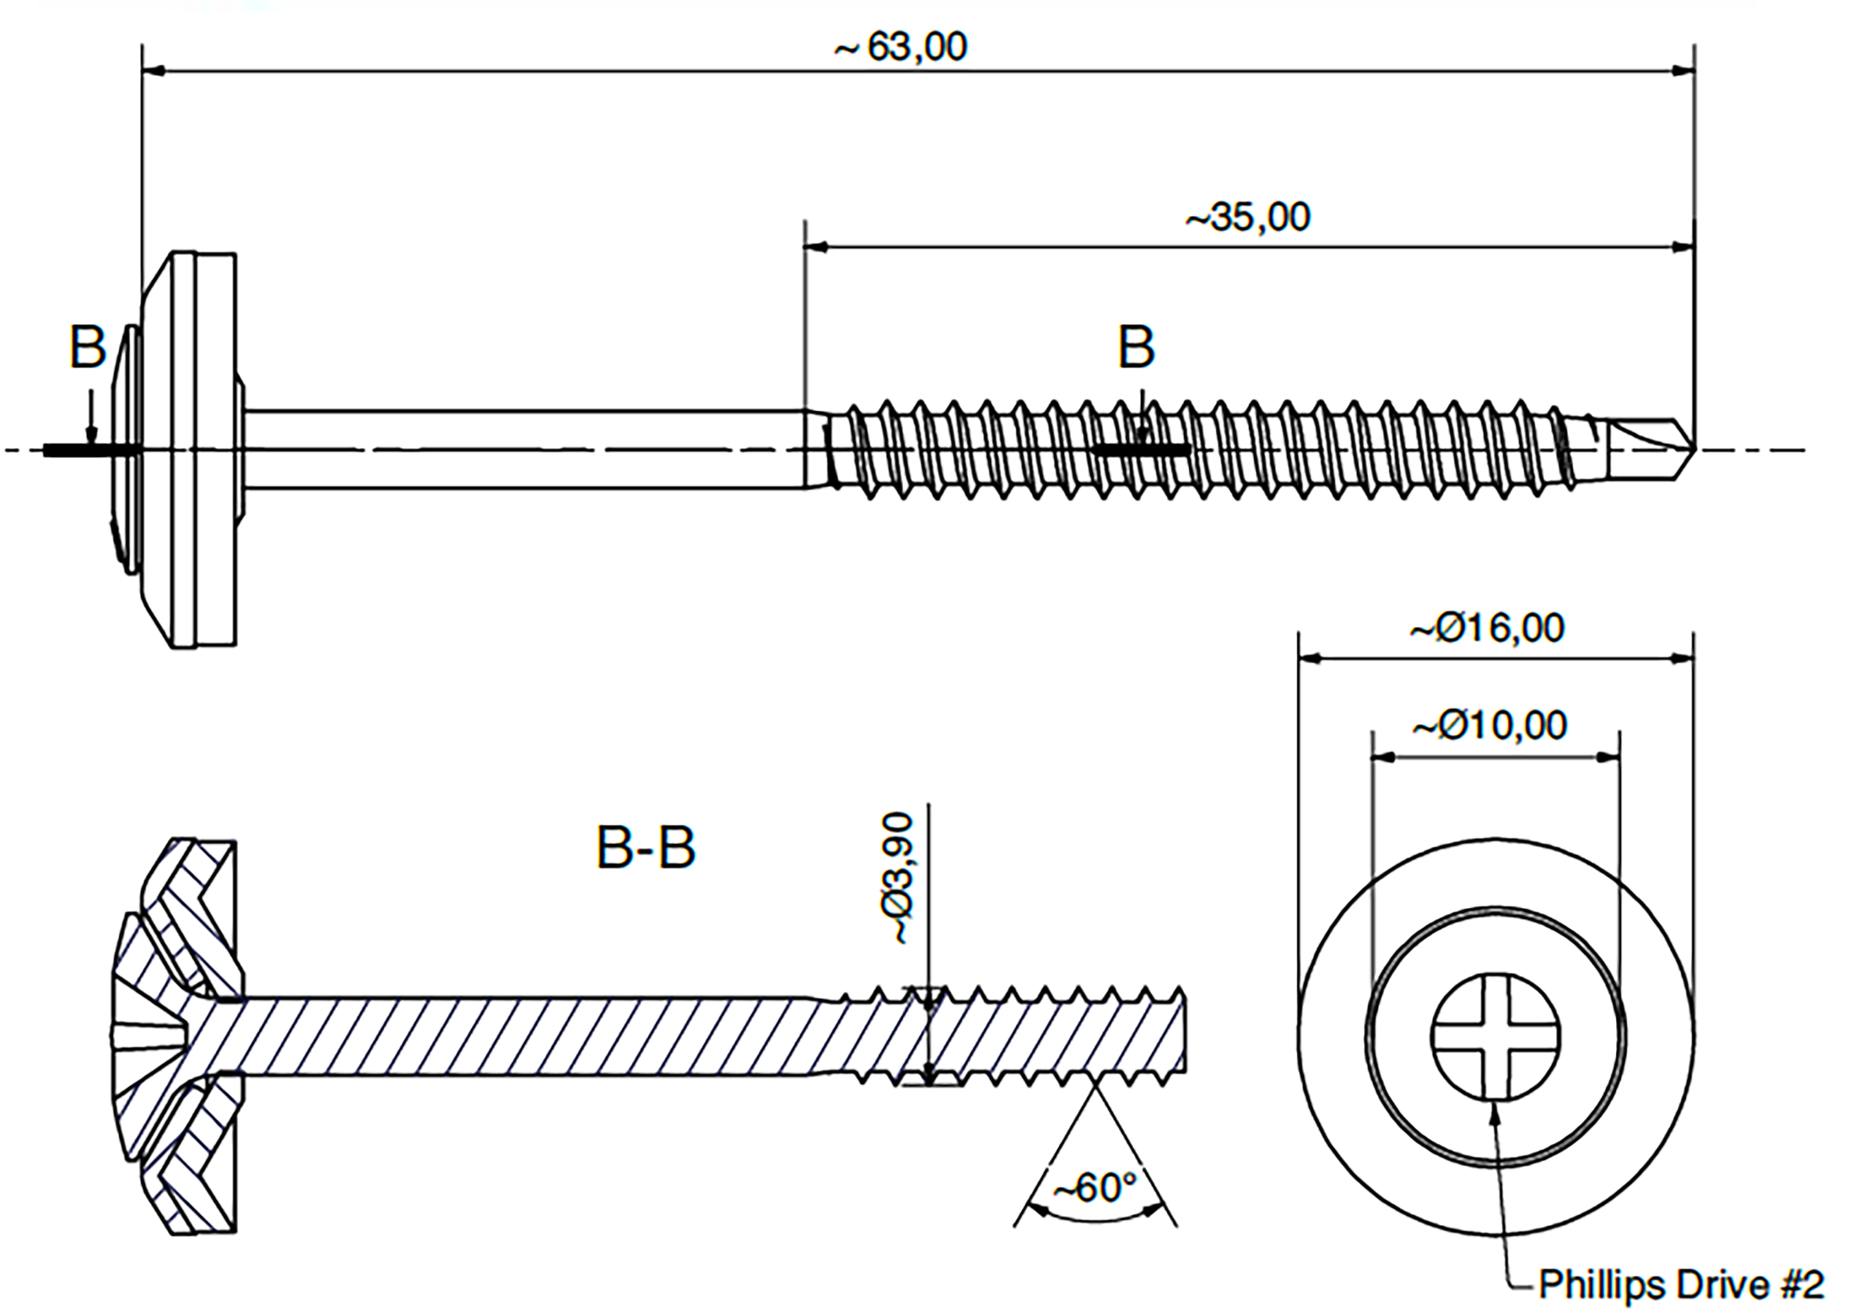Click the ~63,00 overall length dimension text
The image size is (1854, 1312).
(x=901, y=47)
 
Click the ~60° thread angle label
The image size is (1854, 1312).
(x=1095, y=1187)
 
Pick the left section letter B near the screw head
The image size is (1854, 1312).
(x=87, y=347)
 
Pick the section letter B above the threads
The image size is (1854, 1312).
(x=1135, y=347)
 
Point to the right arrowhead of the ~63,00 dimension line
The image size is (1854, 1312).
(x=1683, y=71)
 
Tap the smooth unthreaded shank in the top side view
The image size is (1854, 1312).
(x=525, y=449)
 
